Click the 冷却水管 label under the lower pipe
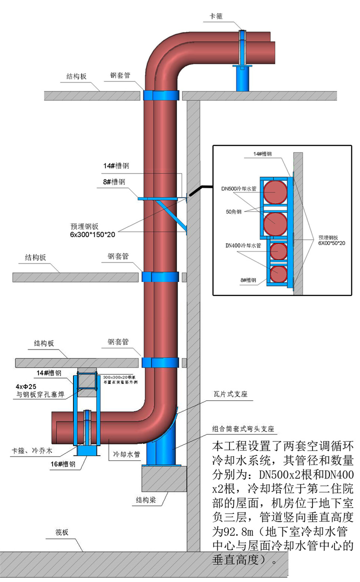pos(127,455)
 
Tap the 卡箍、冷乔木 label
pos(32,451)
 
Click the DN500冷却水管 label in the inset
pos(238,189)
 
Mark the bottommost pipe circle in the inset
pos(278,274)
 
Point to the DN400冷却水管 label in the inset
pos(239,245)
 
